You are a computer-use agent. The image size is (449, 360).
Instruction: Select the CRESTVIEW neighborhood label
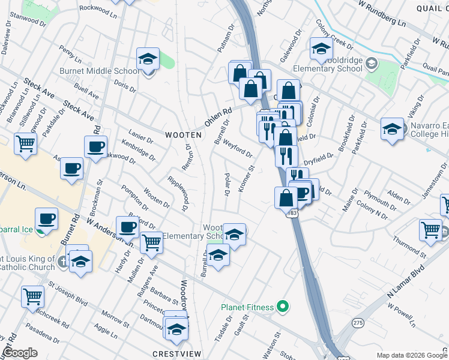pyautogui.click(x=176, y=353)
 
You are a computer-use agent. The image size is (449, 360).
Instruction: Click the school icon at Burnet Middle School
pyautogui.click(x=148, y=59)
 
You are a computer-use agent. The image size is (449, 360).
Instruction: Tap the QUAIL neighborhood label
pyautogui.click(x=431, y=7)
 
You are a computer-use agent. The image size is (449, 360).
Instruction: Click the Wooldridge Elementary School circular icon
pyautogui.click(x=371, y=63)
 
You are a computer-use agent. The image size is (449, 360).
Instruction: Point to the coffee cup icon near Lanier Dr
pyautogui.click(x=95, y=146)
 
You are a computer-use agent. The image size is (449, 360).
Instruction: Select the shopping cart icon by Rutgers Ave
pyautogui.click(x=151, y=243)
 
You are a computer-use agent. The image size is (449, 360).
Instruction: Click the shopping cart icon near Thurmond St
pyautogui.click(x=430, y=229)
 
